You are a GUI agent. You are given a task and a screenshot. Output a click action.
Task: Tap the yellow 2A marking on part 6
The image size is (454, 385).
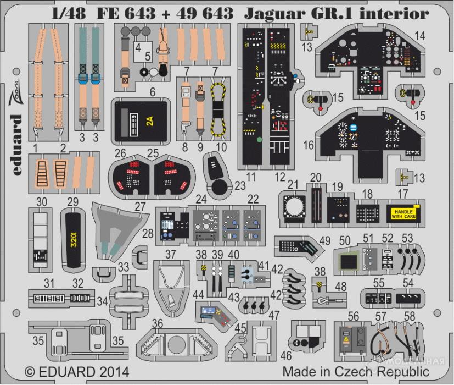pos(150,122)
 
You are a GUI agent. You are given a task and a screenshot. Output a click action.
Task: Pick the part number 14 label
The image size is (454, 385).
pos(420,36)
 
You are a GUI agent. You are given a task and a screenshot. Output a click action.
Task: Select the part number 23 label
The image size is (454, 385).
pos(239,186)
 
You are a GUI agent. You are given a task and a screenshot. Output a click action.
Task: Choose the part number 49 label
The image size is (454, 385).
pos(324,240)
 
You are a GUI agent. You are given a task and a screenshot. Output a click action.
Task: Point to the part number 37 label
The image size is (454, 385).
pos(171,254)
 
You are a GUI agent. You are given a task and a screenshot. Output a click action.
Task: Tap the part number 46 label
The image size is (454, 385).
pos(287,356)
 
